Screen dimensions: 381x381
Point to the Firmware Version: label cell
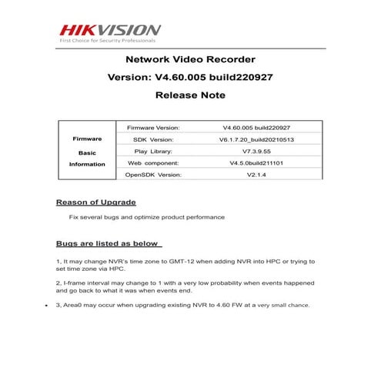153,127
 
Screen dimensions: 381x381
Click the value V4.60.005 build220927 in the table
250,127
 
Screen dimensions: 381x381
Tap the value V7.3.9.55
250,152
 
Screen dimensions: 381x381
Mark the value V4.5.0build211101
250,163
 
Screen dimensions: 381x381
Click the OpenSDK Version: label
153,175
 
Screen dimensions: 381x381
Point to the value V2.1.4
250,175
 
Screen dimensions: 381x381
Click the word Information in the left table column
87,164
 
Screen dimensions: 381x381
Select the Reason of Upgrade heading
96,202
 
